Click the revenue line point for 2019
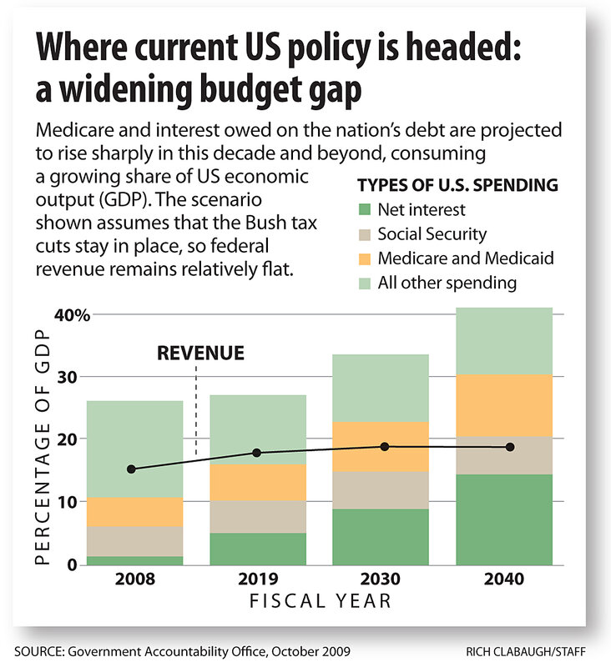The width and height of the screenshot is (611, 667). click(x=256, y=453)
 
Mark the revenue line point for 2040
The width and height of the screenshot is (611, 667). click(x=510, y=447)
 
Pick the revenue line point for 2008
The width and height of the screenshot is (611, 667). click(x=132, y=469)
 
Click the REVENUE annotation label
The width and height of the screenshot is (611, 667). click(x=200, y=354)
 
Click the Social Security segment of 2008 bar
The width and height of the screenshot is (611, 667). click(x=135, y=541)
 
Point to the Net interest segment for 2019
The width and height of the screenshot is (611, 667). click(x=256, y=549)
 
